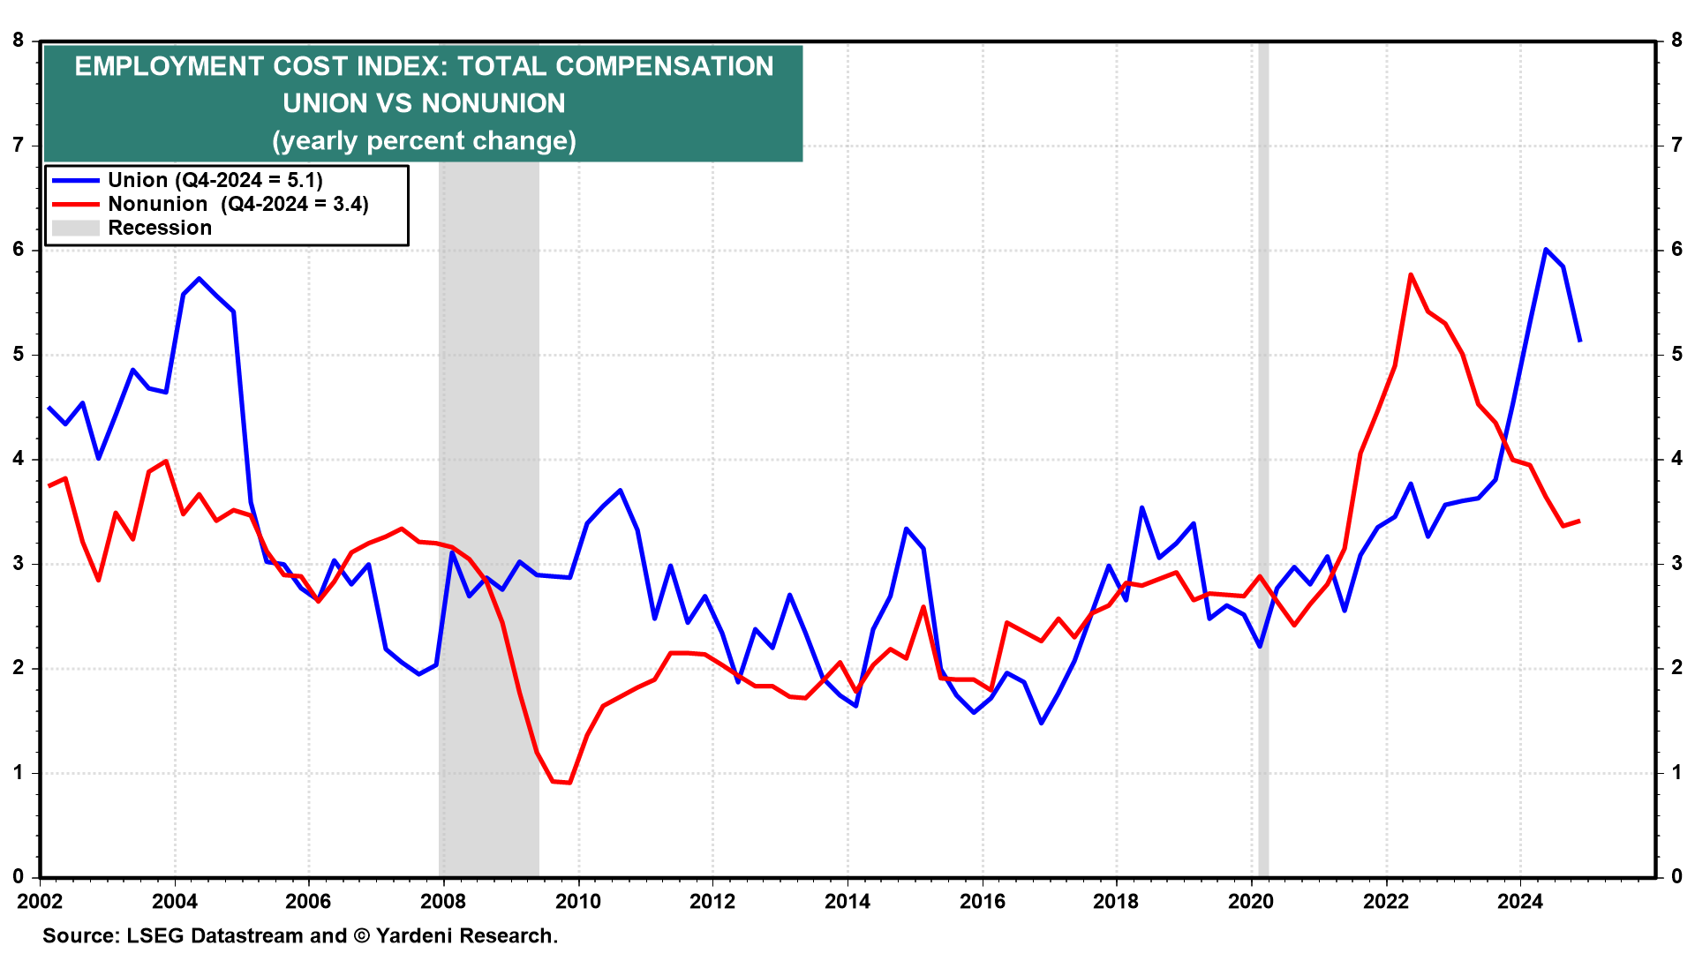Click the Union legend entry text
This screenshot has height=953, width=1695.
coord(215,180)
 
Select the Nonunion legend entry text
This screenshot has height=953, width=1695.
coord(237,204)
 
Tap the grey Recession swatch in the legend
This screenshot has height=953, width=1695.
coord(75,228)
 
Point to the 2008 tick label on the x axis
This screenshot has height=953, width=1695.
coord(443,901)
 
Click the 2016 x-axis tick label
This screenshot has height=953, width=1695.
coord(982,901)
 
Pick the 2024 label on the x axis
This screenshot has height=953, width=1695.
coord(1520,901)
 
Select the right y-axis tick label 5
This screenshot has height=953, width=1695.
coord(1676,355)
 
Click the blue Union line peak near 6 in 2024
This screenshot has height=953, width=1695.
coord(1546,250)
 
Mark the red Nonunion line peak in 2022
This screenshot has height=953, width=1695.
coord(1411,274)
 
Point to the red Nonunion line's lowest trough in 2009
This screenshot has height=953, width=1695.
coord(569,783)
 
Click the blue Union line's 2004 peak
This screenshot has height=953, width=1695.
coord(200,279)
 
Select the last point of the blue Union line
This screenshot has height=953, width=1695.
coord(1579,341)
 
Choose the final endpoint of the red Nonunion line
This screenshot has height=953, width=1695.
coord(1579,521)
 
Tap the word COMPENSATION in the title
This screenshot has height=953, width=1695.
coord(665,66)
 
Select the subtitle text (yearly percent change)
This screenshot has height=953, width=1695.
coord(424,141)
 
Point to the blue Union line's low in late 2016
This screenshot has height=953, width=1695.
coord(1042,723)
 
